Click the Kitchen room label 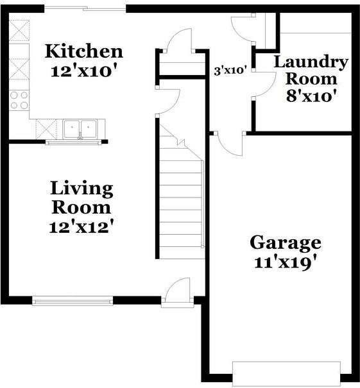click(x=83, y=51)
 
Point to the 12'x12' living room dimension click(x=81, y=226)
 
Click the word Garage click(x=285, y=243)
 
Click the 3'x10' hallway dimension click(x=230, y=71)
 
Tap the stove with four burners click(x=19, y=99)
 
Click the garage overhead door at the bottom click(x=286, y=371)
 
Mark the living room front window click(x=72, y=300)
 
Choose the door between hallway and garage click(x=229, y=142)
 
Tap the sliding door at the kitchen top click(x=85, y=8)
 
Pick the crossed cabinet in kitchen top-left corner click(x=19, y=30)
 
